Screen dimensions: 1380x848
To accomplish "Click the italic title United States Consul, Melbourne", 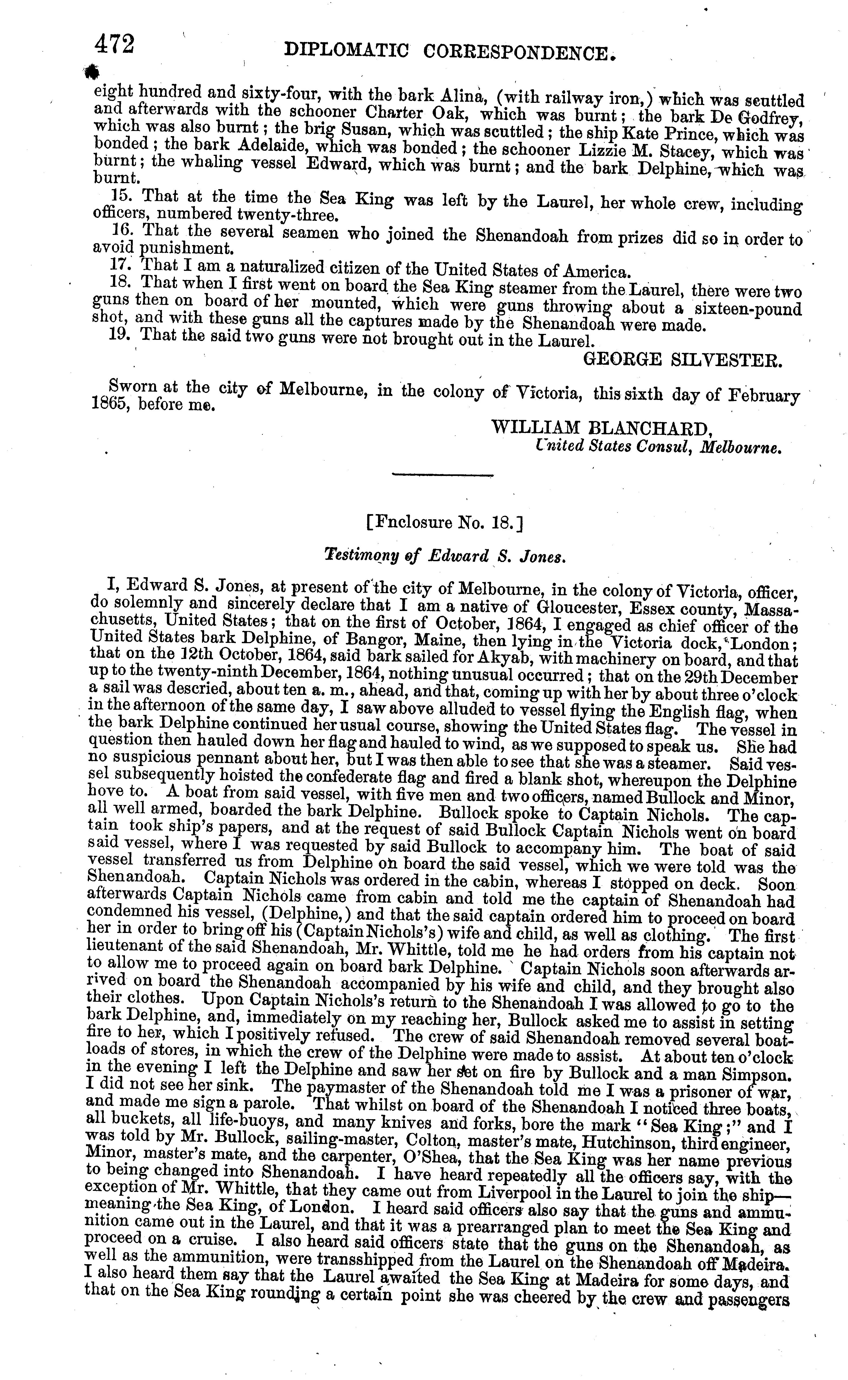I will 657,448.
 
